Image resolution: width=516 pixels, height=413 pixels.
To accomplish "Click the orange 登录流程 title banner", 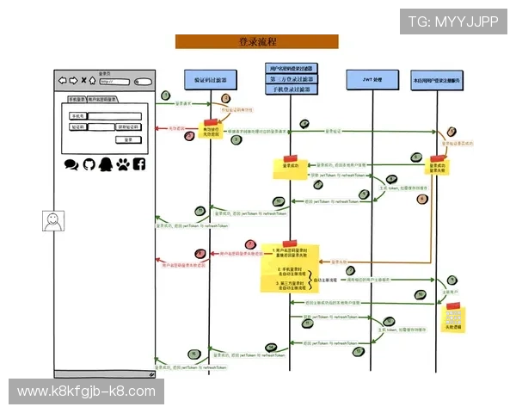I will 256,41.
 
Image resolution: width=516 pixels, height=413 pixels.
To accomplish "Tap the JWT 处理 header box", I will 372,79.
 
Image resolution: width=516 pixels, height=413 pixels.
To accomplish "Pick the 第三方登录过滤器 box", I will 292,78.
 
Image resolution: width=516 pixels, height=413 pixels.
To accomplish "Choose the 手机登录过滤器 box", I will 292,89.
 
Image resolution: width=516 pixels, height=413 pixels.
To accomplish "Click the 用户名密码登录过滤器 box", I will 292,68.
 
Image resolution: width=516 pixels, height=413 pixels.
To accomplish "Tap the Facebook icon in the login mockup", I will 138,163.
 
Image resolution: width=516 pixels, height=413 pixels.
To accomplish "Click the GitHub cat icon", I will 88,163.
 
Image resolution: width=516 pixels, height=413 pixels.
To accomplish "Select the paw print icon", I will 122,163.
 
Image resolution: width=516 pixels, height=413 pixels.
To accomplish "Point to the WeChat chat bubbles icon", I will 71,163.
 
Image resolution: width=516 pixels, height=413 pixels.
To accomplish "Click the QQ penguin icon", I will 105,163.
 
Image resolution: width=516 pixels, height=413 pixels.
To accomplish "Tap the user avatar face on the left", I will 53,221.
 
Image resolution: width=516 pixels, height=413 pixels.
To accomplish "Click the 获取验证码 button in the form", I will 127,126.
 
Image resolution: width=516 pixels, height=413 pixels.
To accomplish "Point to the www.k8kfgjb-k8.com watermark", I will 86,391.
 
